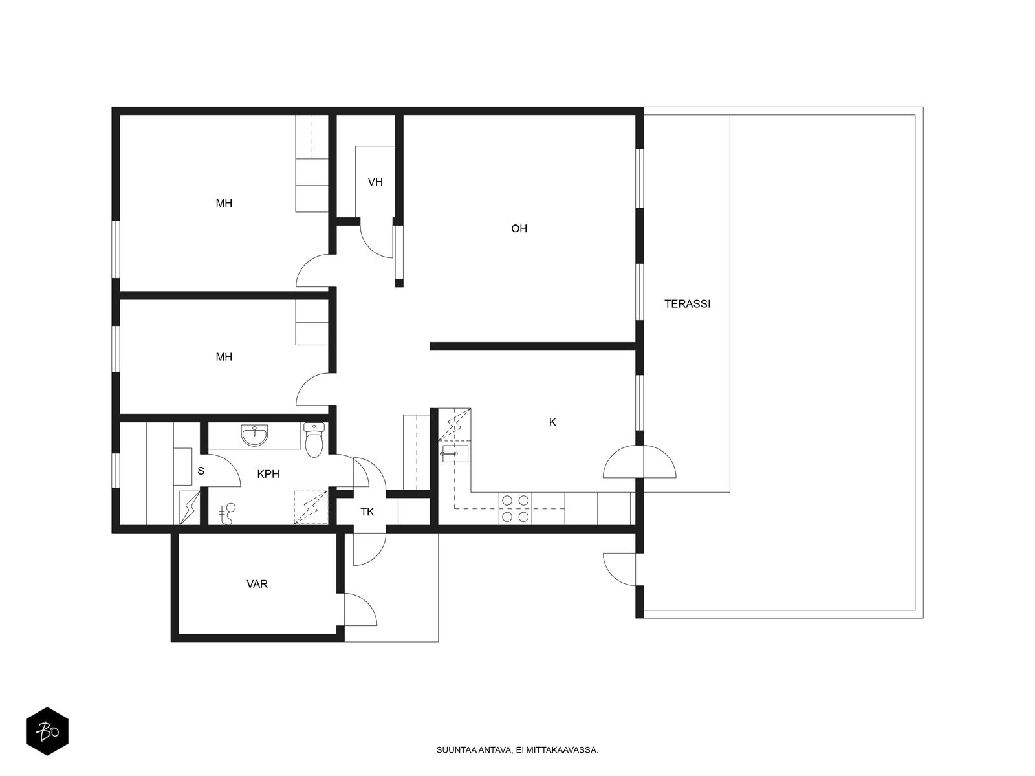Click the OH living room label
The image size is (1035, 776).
pyautogui.click(x=519, y=228)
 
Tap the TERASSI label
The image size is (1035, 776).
pyautogui.click(x=686, y=304)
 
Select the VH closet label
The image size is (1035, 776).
pyautogui.click(x=375, y=182)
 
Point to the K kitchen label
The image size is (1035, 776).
pyautogui.click(x=552, y=422)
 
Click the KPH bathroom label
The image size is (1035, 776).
pyautogui.click(x=268, y=474)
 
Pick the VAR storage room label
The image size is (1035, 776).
pyautogui.click(x=257, y=584)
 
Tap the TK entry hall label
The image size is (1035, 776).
pyautogui.click(x=367, y=512)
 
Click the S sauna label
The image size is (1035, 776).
pyautogui.click(x=201, y=471)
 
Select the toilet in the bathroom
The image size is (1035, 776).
pyautogui.click(x=313, y=440)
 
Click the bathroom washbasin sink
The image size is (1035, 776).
pyautogui.click(x=254, y=435)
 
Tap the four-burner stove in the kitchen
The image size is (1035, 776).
pyautogui.click(x=515, y=508)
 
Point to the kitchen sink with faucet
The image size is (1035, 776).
pyautogui.click(x=455, y=453)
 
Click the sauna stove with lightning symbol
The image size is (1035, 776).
pyautogui.click(x=190, y=508)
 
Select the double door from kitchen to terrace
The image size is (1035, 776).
pyautogui.click(x=639, y=462)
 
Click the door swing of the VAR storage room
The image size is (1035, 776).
pyautogui.click(x=361, y=609)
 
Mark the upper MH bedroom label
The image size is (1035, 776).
pyautogui.click(x=224, y=204)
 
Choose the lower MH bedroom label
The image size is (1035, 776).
pyautogui.click(x=224, y=357)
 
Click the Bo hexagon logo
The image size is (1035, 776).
pyautogui.click(x=47, y=731)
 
